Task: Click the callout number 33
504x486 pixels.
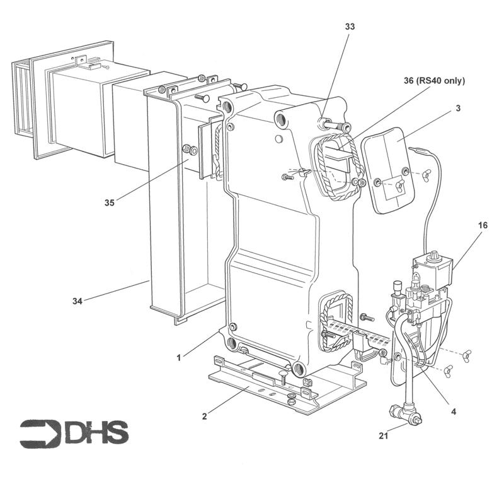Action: [350, 27]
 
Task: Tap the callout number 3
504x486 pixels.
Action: [458, 108]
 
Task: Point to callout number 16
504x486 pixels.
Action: [483, 224]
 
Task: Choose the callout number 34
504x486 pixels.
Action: [76, 301]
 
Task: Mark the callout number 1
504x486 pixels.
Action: [179, 357]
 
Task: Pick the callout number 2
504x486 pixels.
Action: [203, 416]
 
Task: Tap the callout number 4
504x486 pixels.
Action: [454, 411]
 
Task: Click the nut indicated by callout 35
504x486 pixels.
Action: [188, 150]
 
